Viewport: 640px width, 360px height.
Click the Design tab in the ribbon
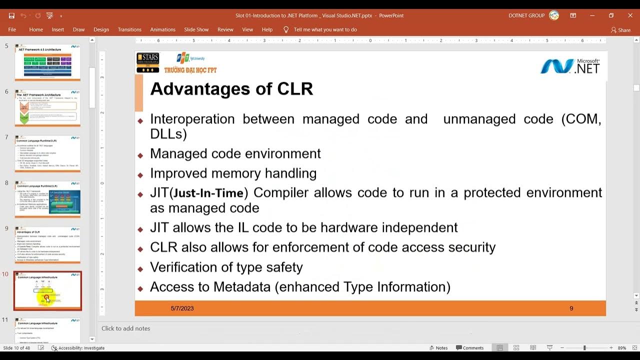click(101, 29)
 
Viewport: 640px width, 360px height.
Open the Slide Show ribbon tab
click(196, 29)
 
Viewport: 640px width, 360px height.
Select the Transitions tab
click(129, 29)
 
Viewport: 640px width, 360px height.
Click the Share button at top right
click(620, 30)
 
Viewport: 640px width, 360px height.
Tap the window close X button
click(630, 15)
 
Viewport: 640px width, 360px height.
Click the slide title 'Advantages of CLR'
click(231, 89)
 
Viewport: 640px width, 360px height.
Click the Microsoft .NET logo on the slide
click(570, 65)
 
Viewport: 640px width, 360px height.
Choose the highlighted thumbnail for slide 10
click(47, 290)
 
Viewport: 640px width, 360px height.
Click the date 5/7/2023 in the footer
click(182, 308)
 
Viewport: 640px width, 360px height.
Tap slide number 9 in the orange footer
click(571, 308)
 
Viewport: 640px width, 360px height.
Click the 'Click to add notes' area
click(125, 328)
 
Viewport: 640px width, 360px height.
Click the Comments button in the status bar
click(469, 348)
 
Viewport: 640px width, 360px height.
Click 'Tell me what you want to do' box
click(325, 29)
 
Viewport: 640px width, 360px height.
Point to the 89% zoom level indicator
click(622, 348)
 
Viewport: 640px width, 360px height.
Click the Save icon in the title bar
click(11, 15)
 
